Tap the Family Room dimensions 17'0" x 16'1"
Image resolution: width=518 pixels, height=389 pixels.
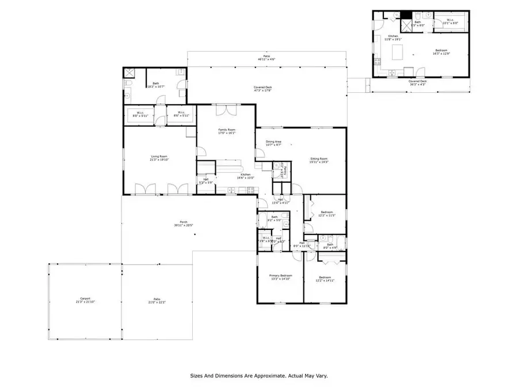point(226,134)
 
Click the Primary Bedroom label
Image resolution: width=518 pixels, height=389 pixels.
point(281,275)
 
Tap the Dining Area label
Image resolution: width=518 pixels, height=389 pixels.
point(273,142)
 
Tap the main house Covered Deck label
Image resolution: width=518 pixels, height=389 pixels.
point(263,88)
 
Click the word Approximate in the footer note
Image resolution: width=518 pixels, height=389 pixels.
point(267,376)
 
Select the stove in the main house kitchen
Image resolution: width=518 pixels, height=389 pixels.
point(250,190)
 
